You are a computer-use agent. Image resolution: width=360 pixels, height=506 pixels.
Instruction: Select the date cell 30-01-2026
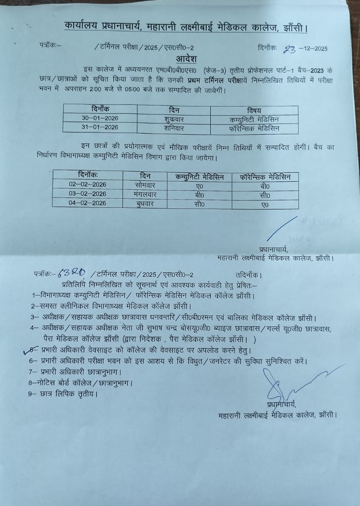(x=100, y=118)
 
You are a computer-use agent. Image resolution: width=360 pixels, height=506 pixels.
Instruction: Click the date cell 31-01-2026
(x=100, y=128)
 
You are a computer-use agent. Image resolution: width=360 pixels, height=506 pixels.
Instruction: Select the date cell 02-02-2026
(x=87, y=185)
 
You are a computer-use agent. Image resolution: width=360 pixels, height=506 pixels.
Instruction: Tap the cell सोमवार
(x=144, y=185)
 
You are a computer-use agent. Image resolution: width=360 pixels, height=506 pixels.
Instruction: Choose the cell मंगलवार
(x=145, y=194)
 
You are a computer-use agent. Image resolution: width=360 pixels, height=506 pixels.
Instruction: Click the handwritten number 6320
(x=72, y=272)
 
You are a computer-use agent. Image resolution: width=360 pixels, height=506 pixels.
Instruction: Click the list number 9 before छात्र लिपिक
(x=31, y=393)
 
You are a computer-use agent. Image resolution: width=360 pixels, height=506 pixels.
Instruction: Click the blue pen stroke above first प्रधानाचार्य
(x=282, y=228)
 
